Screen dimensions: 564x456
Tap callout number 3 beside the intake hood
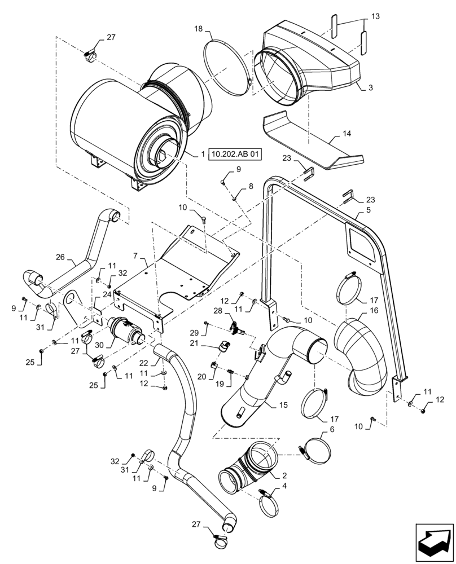tap(370, 88)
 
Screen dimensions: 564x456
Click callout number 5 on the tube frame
tap(368, 210)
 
